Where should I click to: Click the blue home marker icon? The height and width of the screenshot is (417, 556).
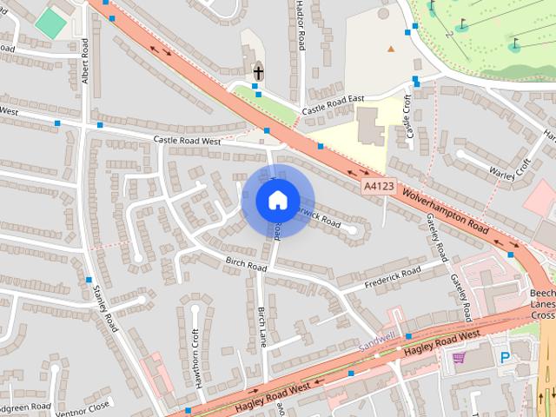click(277, 200)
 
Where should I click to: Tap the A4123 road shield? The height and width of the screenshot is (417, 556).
click(378, 186)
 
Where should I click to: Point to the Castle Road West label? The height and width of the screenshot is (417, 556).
click(187, 140)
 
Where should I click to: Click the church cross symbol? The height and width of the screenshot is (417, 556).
click(258, 72)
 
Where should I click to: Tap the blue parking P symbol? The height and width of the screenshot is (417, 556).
click(505, 357)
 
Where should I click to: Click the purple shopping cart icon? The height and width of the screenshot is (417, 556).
click(458, 356)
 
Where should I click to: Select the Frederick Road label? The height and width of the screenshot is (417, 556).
click(392, 275)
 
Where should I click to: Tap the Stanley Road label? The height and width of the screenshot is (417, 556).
click(106, 308)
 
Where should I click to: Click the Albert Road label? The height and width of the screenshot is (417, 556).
click(85, 61)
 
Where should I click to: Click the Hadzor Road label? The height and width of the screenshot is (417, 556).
click(301, 24)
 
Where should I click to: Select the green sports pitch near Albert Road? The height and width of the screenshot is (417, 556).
click(50, 23)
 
